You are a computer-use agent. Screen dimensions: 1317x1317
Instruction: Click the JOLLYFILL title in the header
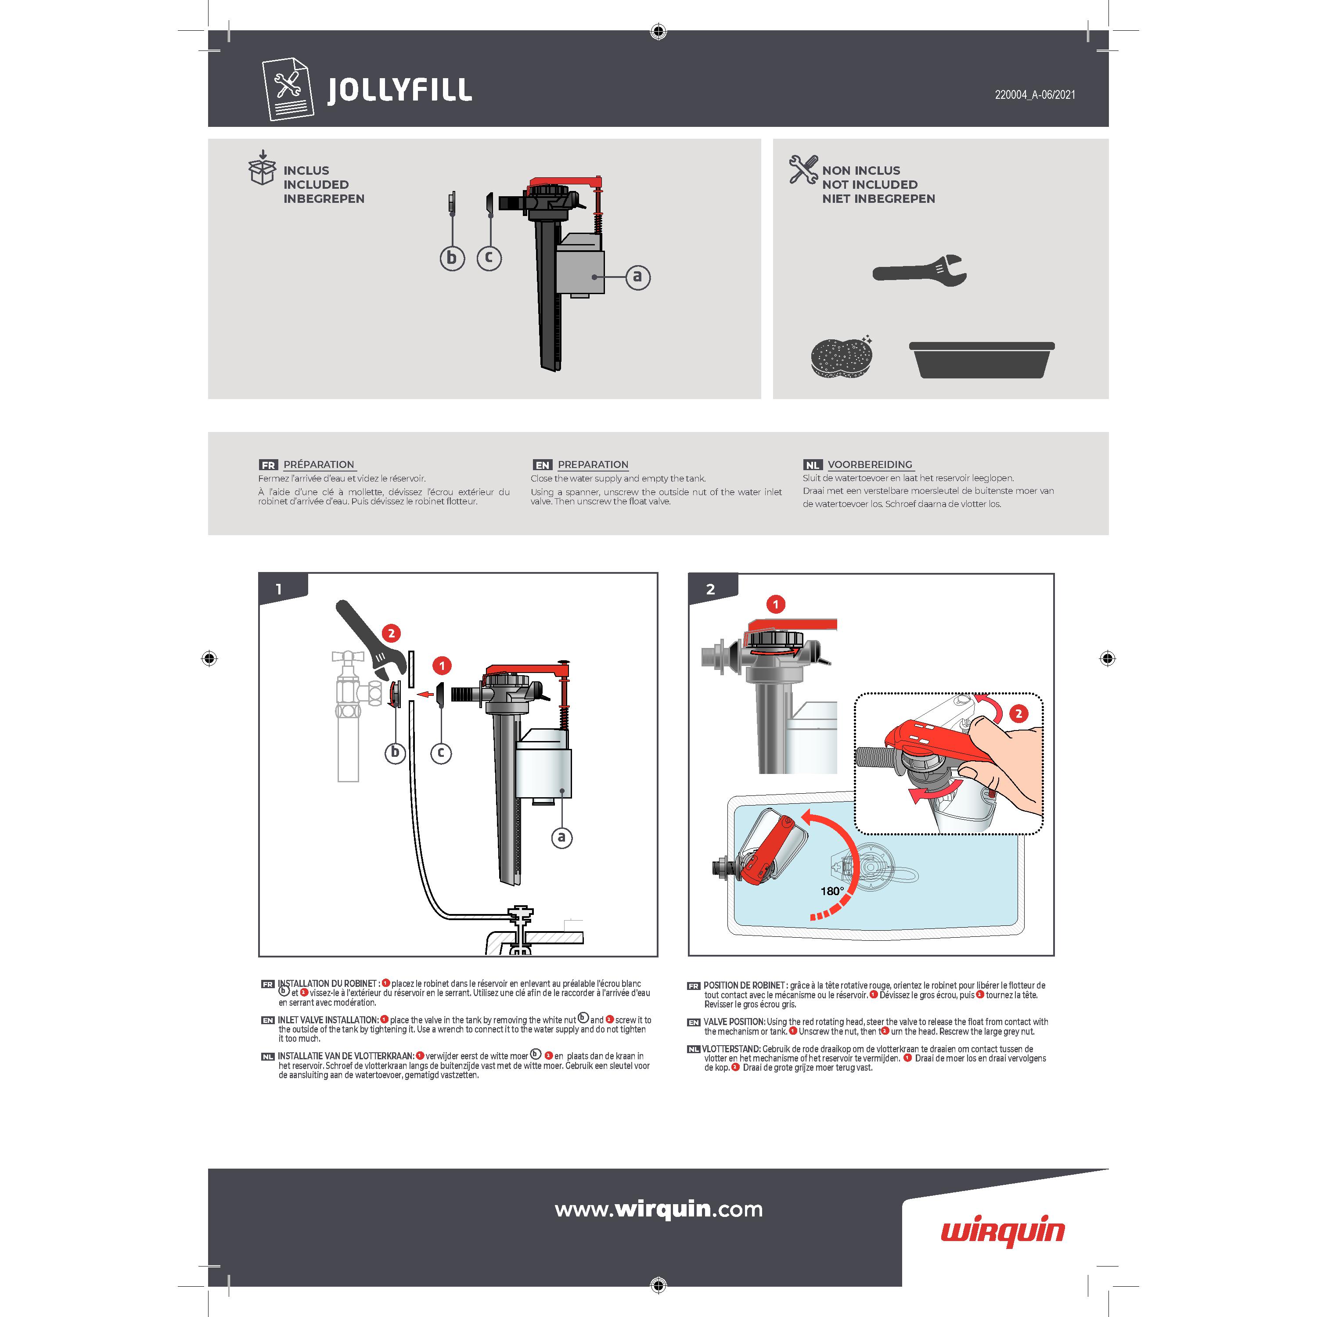point(399,90)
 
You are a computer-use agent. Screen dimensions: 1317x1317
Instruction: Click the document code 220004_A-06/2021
point(1035,95)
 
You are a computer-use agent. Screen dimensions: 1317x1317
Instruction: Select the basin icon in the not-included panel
point(982,360)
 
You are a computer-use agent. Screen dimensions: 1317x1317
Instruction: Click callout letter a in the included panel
point(638,277)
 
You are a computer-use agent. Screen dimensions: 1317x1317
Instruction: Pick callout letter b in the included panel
point(452,259)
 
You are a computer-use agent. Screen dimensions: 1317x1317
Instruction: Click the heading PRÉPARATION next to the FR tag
point(319,464)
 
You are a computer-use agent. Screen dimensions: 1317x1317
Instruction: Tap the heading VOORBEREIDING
point(870,464)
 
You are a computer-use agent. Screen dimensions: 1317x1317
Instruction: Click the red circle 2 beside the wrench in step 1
point(391,633)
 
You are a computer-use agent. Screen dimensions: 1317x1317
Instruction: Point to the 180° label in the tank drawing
point(831,891)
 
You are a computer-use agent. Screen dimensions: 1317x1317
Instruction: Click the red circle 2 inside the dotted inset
point(1018,714)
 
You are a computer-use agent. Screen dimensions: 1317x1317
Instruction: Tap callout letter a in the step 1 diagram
point(562,837)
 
